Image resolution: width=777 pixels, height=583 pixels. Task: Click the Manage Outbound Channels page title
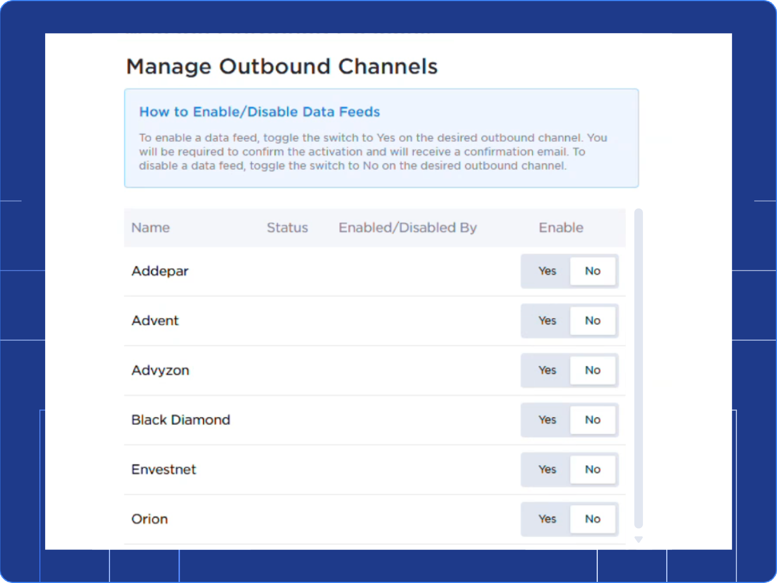[282, 66]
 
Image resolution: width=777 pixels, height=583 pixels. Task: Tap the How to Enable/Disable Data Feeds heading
[259, 112]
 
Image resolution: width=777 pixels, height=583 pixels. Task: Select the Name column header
[150, 228]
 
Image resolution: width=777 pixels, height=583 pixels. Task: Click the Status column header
[287, 228]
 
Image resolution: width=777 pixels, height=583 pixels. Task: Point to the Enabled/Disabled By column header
[407, 228]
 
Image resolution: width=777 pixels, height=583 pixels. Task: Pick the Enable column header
[561, 228]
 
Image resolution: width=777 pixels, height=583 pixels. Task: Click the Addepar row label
[160, 271]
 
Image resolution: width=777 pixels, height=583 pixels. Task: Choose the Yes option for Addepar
[547, 271]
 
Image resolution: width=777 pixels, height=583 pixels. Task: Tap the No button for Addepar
[592, 271]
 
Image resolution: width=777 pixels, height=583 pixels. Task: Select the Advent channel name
[155, 321]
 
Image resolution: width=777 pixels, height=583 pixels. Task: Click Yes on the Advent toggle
[547, 321]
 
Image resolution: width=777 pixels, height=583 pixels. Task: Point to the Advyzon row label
[160, 370]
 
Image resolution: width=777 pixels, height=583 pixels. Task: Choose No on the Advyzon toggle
[592, 370]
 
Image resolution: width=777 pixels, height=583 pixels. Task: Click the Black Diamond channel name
[181, 420]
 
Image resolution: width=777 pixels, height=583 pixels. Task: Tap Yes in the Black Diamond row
[547, 420]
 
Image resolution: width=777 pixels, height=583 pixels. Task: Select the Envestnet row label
[164, 469]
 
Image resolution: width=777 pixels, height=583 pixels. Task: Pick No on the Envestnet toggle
[592, 469]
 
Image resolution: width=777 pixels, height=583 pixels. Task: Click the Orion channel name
[150, 519]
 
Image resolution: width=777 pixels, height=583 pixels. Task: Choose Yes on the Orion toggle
[547, 519]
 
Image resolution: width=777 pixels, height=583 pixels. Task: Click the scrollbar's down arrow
[638, 539]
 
